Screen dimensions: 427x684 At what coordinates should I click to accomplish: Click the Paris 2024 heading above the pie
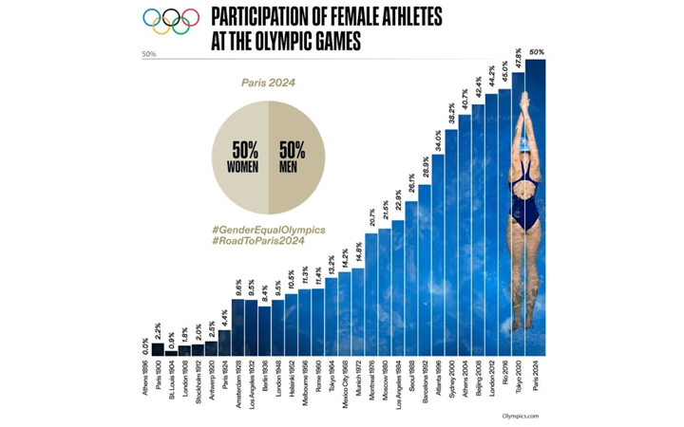point(268,84)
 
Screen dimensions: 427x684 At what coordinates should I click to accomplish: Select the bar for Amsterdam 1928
point(237,323)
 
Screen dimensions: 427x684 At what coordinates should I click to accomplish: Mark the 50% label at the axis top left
point(149,55)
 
